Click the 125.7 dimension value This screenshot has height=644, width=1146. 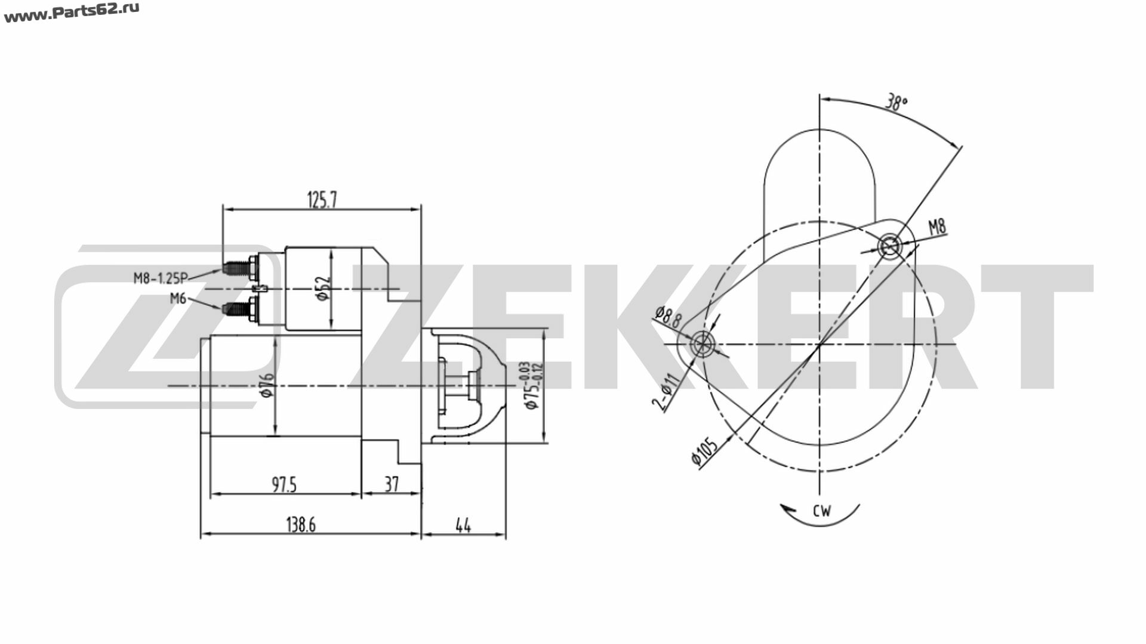(322, 200)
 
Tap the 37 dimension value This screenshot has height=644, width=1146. (391, 484)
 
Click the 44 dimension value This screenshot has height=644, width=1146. (463, 525)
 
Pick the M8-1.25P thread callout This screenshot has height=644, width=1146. (161, 277)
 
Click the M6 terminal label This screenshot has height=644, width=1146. (178, 299)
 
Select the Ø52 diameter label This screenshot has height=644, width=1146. (323, 289)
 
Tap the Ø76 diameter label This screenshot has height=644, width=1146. (267, 386)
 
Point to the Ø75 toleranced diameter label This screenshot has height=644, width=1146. (531, 385)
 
